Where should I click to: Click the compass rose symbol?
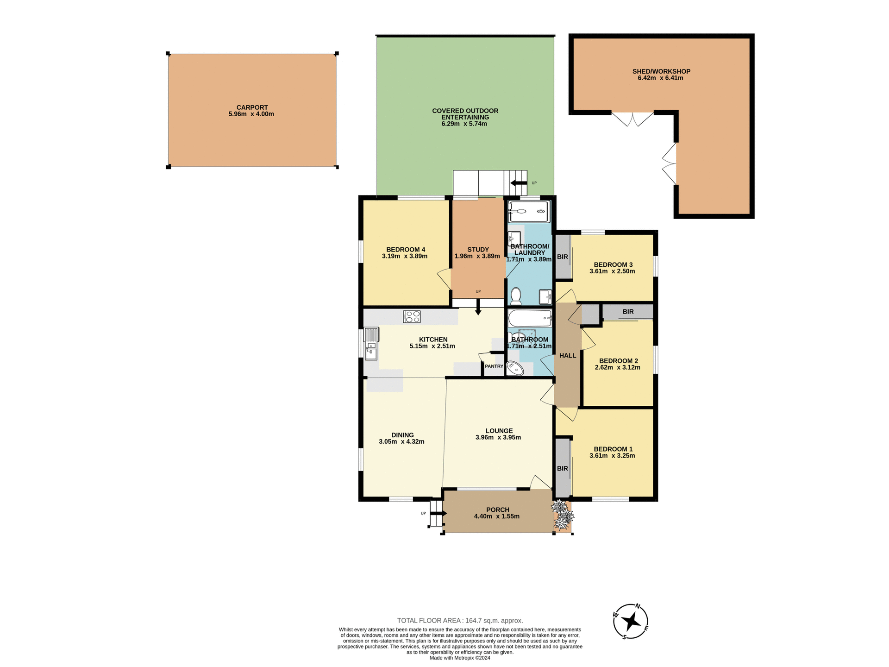630,621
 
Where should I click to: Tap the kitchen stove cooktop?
412,316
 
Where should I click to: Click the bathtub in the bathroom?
530,318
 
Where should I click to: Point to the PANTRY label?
494,366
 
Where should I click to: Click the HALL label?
568,356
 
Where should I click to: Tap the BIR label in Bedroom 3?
563,257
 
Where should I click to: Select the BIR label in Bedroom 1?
563,469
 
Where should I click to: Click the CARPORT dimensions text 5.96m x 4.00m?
251,114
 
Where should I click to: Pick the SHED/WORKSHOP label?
661,71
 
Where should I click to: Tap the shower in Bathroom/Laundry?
529,212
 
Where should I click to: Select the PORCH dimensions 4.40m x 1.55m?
497,516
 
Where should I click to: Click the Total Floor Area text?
460,621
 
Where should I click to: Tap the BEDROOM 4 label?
406,250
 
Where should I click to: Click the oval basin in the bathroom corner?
514,369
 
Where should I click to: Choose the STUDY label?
478,250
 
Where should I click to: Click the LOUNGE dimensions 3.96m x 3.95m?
498,437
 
